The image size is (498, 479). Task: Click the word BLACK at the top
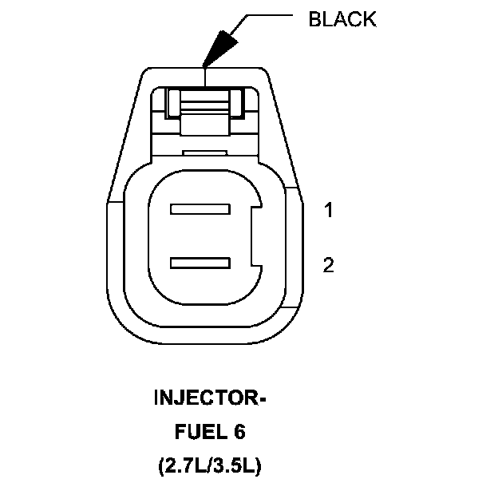click(x=342, y=20)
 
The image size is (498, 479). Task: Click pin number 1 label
click(x=328, y=211)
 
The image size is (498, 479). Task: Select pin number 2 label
click(x=328, y=265)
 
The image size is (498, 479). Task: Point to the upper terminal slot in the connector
click(x=200, y=210)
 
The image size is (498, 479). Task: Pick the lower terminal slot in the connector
click(x=200, y=262)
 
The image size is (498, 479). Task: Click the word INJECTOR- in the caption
click(x=208, y=398)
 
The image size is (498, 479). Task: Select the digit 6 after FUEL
click(x=240, y=432)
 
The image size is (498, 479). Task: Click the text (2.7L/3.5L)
click(x=209, y=465)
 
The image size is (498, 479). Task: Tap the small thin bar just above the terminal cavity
click(x=205, y=152)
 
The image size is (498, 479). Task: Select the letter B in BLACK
click(x=314, y=20)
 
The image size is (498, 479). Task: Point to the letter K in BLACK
click(x=369, y=20)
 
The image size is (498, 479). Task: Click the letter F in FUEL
click(x=179, y=432)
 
